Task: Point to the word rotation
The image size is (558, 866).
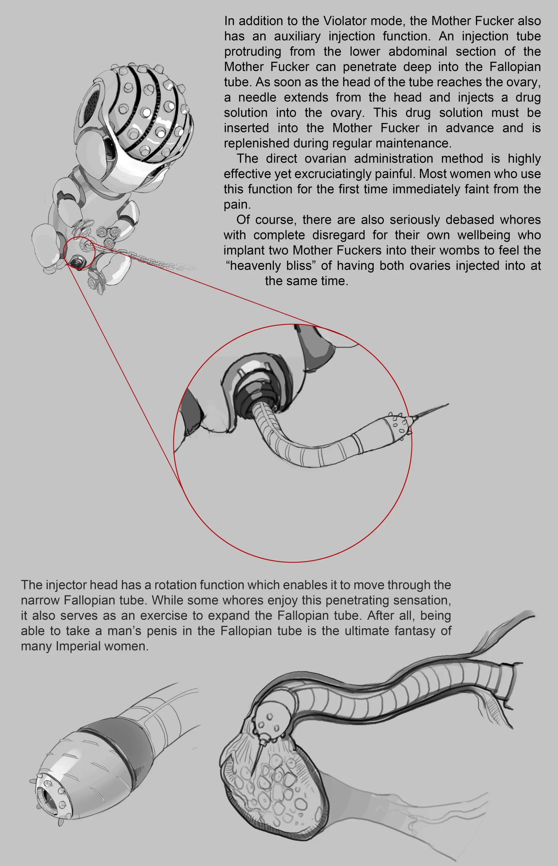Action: coord(175,585)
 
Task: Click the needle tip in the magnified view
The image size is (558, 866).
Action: coord(449,404)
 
